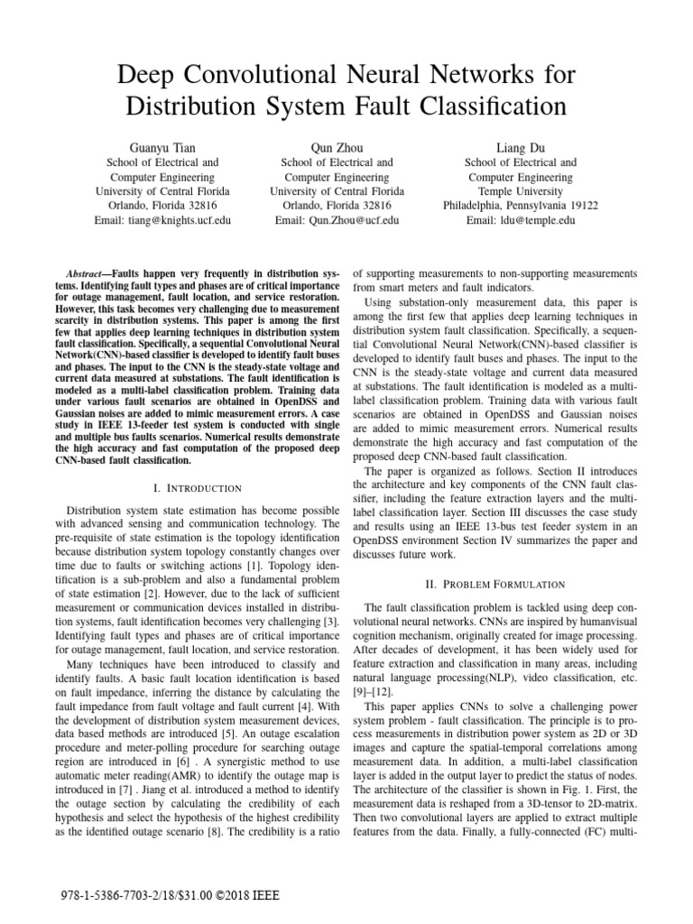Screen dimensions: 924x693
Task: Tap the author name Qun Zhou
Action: click(337, 146)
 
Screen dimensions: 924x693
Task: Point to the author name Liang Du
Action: click(521, 146)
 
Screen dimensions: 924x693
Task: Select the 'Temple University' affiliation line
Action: click(521, 191)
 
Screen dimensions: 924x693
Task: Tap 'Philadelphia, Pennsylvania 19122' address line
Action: click(521, 206)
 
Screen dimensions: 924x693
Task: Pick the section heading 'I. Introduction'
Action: click(199, 488)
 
